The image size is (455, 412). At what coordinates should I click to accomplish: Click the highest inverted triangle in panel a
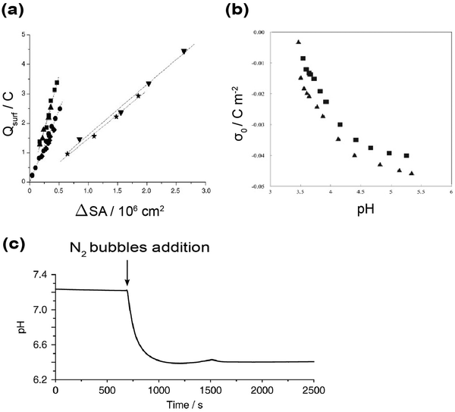(x=184, y=51)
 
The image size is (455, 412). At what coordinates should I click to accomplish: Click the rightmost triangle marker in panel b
(x=412, y=173)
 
